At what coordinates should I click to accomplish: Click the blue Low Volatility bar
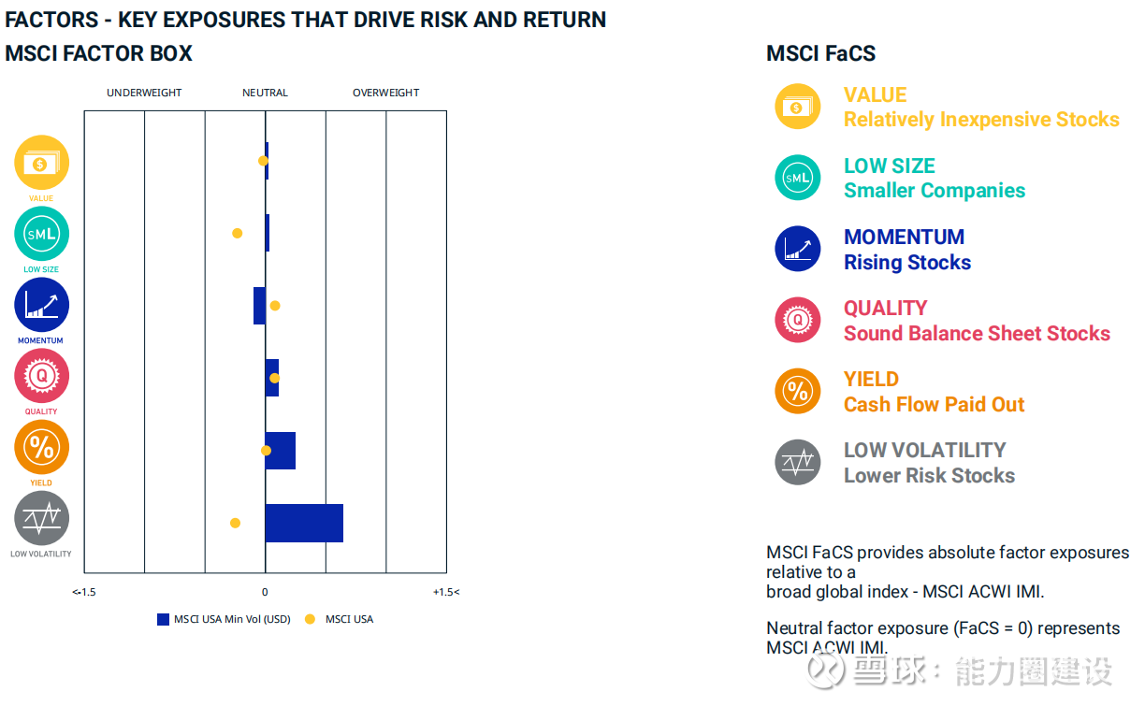tap(304, 523)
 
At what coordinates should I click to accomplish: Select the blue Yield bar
tap(281, 451)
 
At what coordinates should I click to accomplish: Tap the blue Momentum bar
tap(259, 306)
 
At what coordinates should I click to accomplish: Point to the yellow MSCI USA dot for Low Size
tap(238, 233)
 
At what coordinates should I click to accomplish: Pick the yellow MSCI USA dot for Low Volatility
tap(235, 523)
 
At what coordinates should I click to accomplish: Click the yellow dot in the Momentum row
tap(275, 306)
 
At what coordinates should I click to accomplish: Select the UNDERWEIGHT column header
tap(144, 93)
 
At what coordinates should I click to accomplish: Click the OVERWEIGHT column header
tap(385, 93)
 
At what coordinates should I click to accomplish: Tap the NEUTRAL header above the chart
tap(265, 93)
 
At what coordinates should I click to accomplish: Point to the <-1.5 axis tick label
tap(84, 592)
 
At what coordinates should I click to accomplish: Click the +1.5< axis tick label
tap(446, 592)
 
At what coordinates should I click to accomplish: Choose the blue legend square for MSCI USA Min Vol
tap(163, 619)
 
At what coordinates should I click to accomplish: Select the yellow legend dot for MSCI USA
tap(311, 619)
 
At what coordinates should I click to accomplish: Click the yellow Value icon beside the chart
tap(41, 163)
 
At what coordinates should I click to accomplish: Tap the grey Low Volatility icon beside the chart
tap(41, 518)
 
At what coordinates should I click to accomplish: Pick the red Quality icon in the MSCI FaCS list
tap(797, 320)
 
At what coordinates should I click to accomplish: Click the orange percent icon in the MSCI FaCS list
tap(797, 391)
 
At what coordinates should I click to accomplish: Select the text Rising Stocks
tap(907, 263)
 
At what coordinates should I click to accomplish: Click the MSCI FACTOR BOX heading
tap(98, 53)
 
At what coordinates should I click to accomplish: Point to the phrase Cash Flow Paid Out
tap(934, 405)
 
